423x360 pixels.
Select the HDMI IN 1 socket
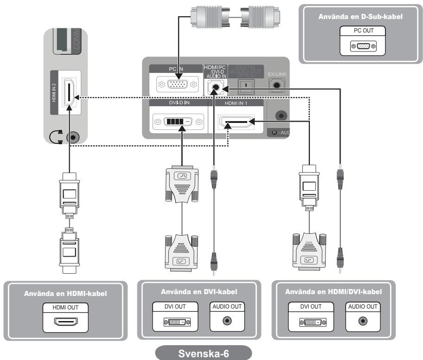point(236,123)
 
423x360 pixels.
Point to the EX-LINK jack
point(278,86)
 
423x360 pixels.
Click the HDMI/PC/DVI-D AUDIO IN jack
point(215,86)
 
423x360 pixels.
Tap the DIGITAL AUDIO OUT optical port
point(246,86)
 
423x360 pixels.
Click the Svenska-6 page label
point(211,352)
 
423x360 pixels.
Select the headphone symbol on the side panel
point(57,138)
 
